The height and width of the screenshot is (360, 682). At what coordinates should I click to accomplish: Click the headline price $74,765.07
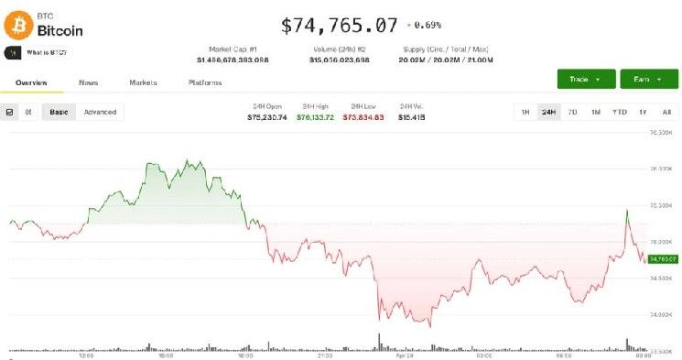coord(340,25)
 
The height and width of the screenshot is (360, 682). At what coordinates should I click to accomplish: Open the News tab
coord(89,82)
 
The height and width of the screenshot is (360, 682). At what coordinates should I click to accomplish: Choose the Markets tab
coord(143,82)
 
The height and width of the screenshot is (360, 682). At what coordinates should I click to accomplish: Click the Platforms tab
coord(205,82)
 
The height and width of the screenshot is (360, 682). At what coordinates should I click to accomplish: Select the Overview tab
coord(31,82)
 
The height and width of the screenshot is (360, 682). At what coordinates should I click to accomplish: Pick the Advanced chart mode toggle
coord(100,112)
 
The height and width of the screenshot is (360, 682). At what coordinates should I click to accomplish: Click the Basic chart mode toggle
coord(59,112)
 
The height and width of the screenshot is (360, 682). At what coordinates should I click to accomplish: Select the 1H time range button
coord(525,112)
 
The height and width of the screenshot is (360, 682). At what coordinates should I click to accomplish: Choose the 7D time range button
coord(572,112)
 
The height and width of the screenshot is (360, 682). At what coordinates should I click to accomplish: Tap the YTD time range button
coord(619,112)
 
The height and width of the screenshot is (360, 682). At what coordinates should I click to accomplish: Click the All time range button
coord(666,112)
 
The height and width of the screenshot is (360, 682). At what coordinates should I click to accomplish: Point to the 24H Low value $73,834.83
coord(363,117)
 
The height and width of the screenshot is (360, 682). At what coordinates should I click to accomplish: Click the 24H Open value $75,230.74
coord(267,117)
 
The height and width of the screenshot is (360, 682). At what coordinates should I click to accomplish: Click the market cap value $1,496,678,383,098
coord(233,60)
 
